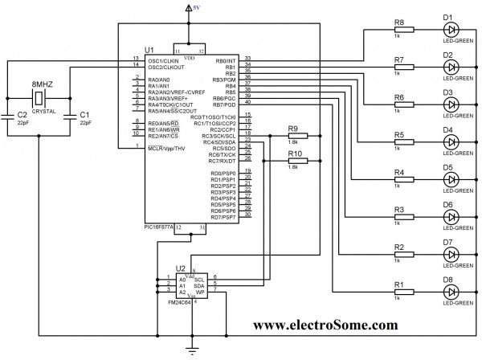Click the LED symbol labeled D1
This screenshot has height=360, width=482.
coord(451,30)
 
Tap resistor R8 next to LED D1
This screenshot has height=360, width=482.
coord(402,30)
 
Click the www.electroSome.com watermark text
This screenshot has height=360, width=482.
coord(325,325)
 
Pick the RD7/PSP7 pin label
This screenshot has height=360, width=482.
coord(223,217)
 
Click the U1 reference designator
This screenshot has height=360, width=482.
coord(149,50)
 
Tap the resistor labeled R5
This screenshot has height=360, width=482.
coord(402,142)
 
